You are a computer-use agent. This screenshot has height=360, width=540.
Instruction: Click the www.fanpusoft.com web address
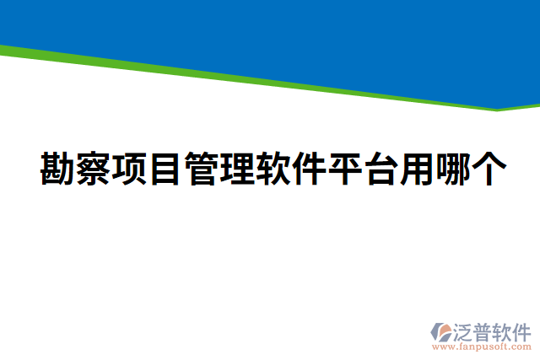pos(481,346)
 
